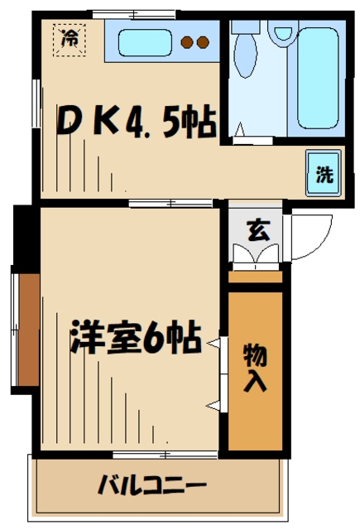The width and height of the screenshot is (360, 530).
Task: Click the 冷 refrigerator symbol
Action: pyautogui.click(x=70, y=38)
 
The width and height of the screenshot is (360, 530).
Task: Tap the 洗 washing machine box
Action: pyautogui.click(x=324, y=173)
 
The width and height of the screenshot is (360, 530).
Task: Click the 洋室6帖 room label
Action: pyautogui.click(x=136, y=338)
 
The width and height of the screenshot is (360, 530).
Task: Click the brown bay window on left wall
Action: pyautogui.click(x=27, y=328)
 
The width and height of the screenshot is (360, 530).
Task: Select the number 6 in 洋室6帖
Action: pyautogui.click(x=155, y=338)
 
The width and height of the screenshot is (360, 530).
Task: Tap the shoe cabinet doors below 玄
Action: pyautogui.click(x=257, y=257)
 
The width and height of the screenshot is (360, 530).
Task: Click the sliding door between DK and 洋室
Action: pyautogui.click(x=170, y=203)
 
